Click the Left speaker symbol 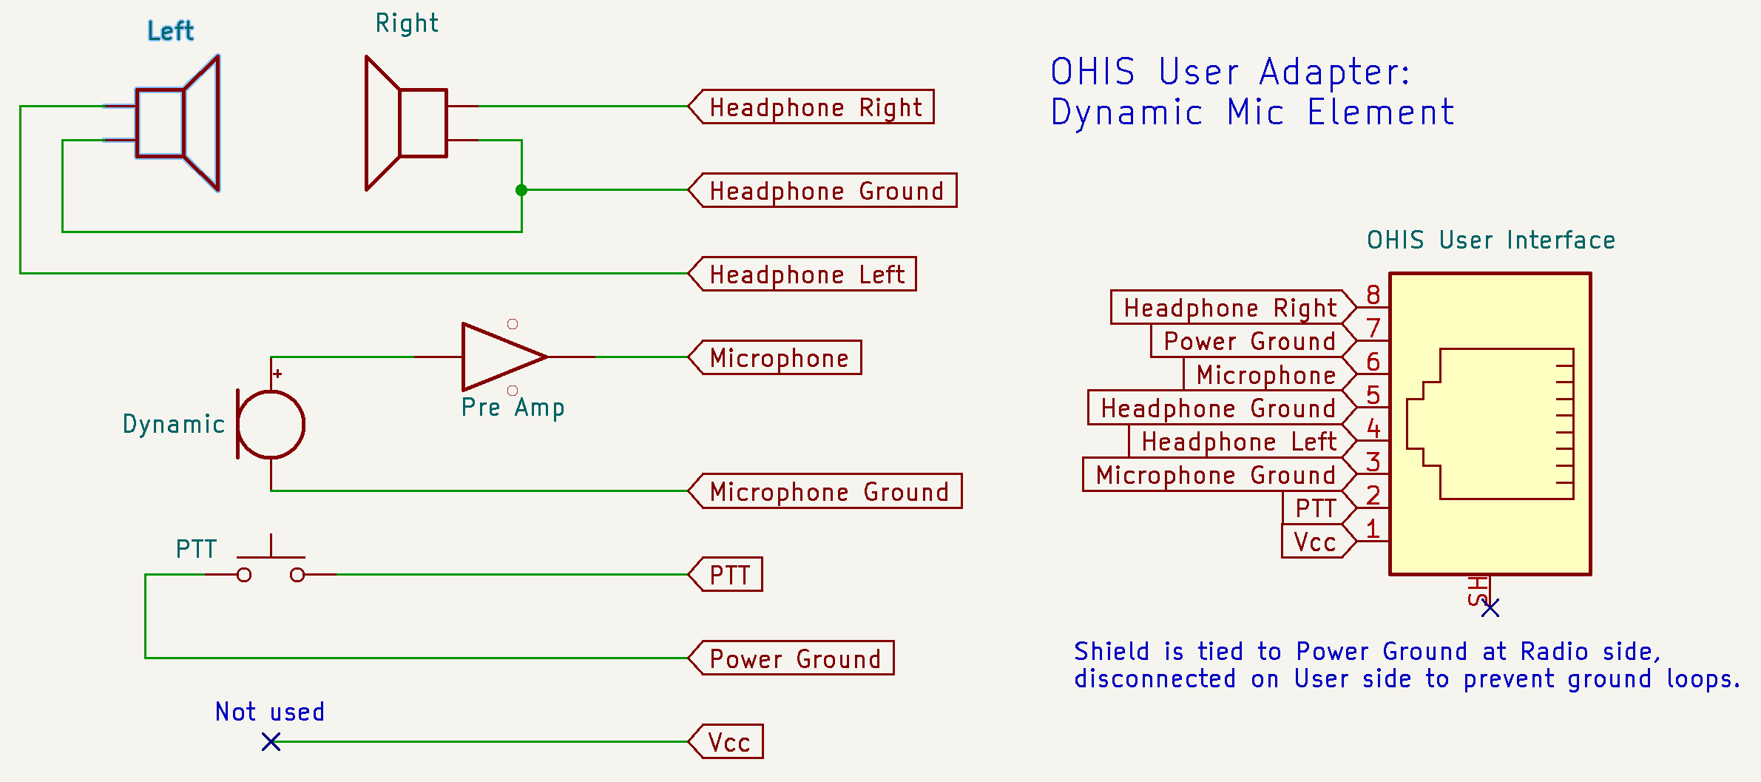[x=178, y=123]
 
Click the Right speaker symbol [x=407, y=123]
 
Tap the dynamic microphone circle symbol [x=271, y=425]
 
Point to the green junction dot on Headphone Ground [x=521, y=190]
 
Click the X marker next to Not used [x=271, y=741]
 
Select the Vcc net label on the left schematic [x=726, y=741]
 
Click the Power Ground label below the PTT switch [x=791, y=658]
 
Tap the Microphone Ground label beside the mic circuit [x=825, y=491]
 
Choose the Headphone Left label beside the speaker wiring [x=802, y=274]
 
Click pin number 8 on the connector [x=1373, y=294]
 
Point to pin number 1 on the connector [x=1373, y=528]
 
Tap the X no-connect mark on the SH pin [x=1490, y=607]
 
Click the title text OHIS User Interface [x=1491, y=240]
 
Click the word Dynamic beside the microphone [x=174, y=425]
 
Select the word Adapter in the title [x=1335, y=73]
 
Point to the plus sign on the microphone [x=277, y=374]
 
